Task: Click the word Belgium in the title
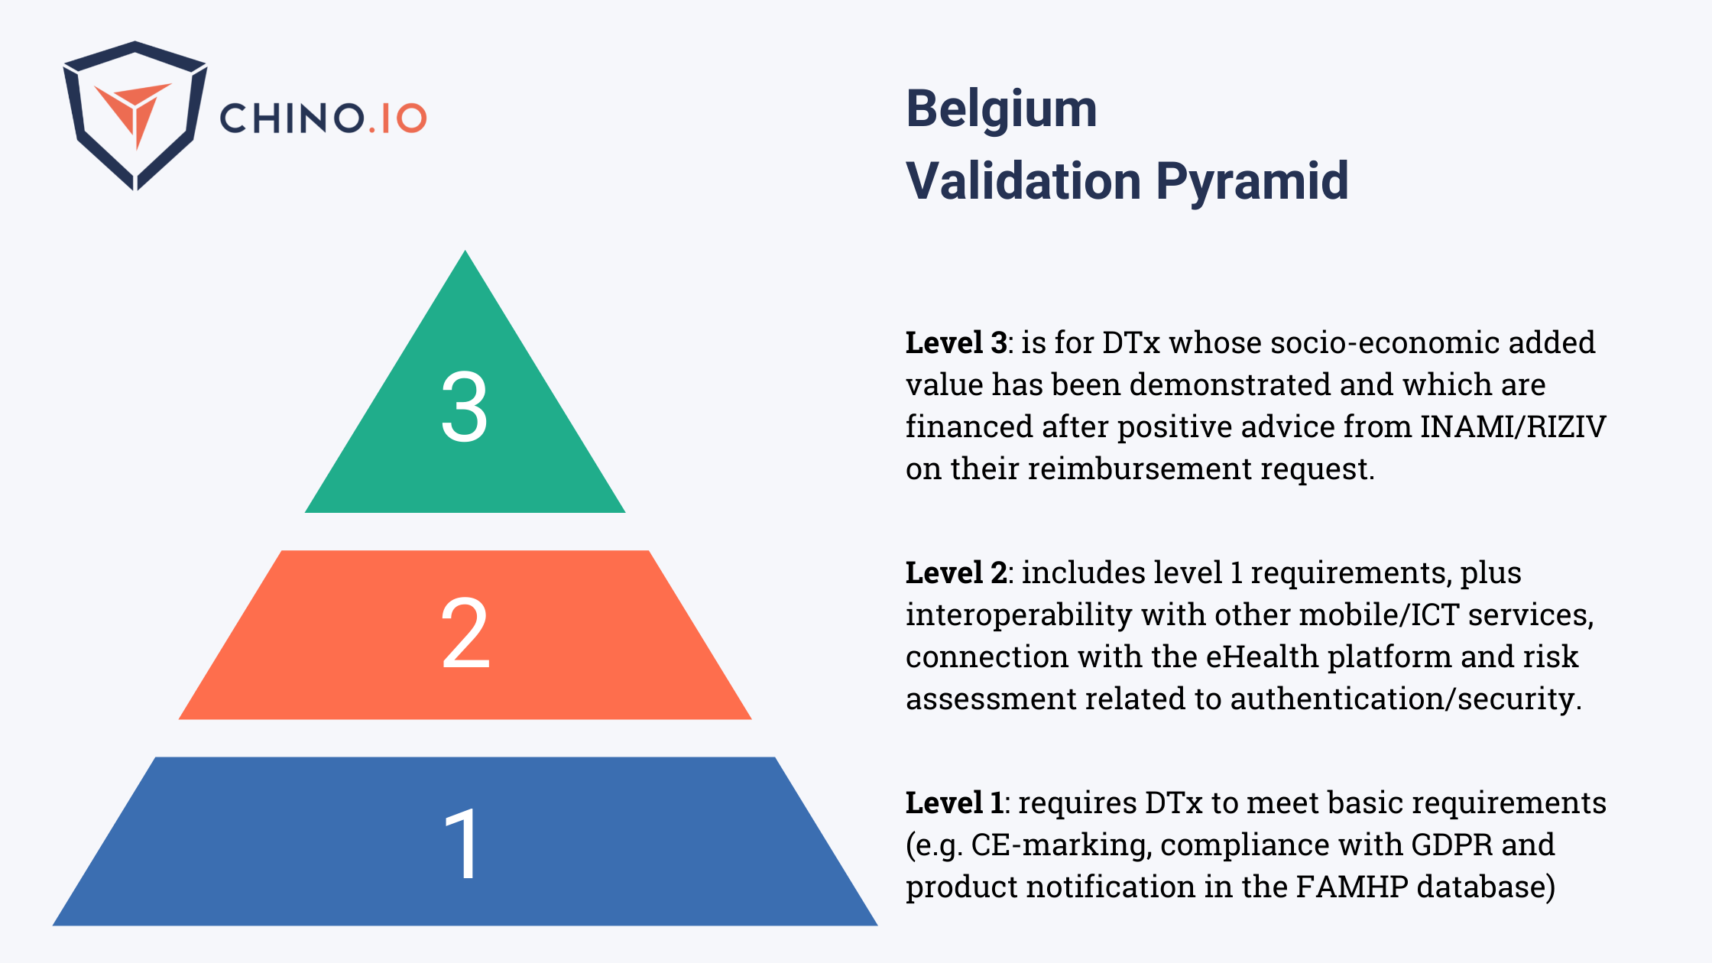tap(1001, 110)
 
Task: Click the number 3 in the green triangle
tap(465, 407)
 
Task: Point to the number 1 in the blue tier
tap(463, 844)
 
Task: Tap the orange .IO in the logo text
tap(397, 119)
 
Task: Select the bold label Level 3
tap(955, 343)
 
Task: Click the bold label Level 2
tap(955, 573)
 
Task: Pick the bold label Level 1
tap(954, 803)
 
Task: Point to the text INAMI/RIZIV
tap(1513, 426)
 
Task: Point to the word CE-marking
tap(1059, 845)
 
